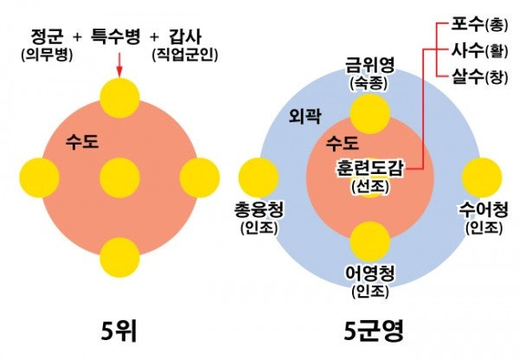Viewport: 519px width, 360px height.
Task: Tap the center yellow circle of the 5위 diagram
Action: [x=119, y=178]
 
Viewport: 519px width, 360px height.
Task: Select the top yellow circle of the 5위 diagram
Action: [x=119, y=97]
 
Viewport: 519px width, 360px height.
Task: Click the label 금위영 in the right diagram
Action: [x=370, y=67]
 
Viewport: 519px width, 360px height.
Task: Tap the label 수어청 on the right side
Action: [x=484, y=209]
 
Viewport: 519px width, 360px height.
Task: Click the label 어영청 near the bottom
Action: [x=370, y=273]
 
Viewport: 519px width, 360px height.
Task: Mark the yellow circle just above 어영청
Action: [x=370, y=240]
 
